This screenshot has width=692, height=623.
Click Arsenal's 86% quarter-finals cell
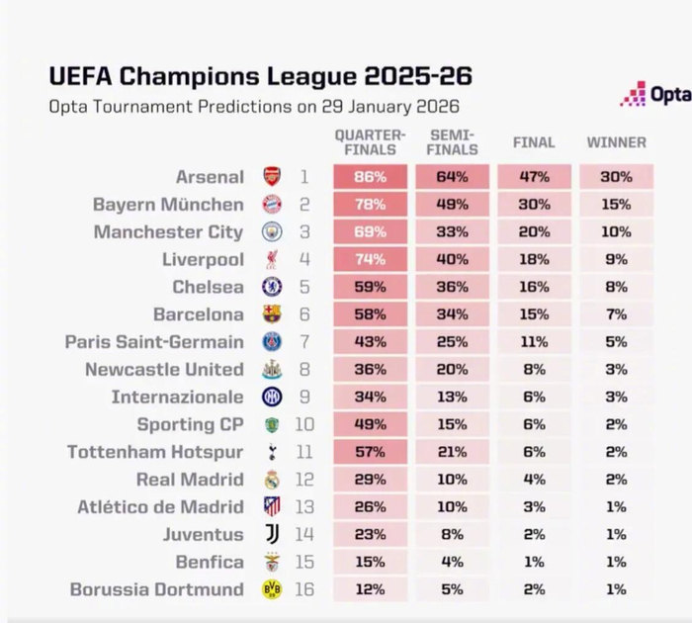pos(370,177)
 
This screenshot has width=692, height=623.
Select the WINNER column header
pos(617,142)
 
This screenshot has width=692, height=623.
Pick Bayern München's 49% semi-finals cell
pos(452,205)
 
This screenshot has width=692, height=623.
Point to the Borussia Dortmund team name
pos(156,589)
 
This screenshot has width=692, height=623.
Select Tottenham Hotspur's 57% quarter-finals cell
pos(370,452)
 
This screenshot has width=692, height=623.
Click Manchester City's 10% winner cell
pos(617,232)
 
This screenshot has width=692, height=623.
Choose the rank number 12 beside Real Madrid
pos(303,480)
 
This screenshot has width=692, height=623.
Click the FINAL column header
pos(534,142)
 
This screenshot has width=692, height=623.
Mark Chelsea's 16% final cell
pos(534,287)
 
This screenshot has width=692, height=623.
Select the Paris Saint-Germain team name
pos(154,342)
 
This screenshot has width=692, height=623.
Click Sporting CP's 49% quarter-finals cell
pos(370,424)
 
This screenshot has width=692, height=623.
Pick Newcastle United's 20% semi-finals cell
pos(452,369)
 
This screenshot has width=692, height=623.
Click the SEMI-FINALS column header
pos(452,142)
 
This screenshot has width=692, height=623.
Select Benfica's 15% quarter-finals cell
pos(370,562)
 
